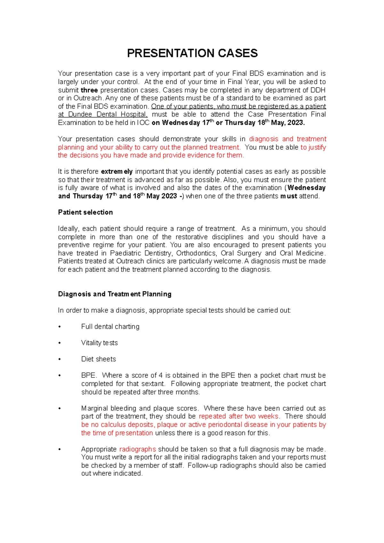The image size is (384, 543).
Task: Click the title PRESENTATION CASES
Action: tap(192, 53)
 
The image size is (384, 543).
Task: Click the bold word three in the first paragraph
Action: tap(89, 90)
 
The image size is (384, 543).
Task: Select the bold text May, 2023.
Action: tap(288, 123)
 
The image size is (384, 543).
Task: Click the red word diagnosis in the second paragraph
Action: tap(263, 139)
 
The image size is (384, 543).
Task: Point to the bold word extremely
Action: tap(116, 172)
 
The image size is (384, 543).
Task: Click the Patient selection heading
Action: tap(85, 212)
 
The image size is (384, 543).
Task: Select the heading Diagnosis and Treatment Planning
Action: tap(115, 294)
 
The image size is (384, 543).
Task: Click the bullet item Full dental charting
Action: tap(110, 327)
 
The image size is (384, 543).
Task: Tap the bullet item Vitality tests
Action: tap(99, 343)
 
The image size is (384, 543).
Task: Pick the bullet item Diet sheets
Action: tap(98, 359)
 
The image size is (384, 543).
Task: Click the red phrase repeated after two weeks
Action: tap(239, 416)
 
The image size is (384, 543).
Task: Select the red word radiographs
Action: tap(137, 449)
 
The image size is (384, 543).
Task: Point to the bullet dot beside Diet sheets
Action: tap(60, 359)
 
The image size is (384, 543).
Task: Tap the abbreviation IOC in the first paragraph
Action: tap(143, 123)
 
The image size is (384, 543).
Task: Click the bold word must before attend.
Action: tap(289, 196)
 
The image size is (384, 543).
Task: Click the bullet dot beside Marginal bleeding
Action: tap(60, 409)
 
